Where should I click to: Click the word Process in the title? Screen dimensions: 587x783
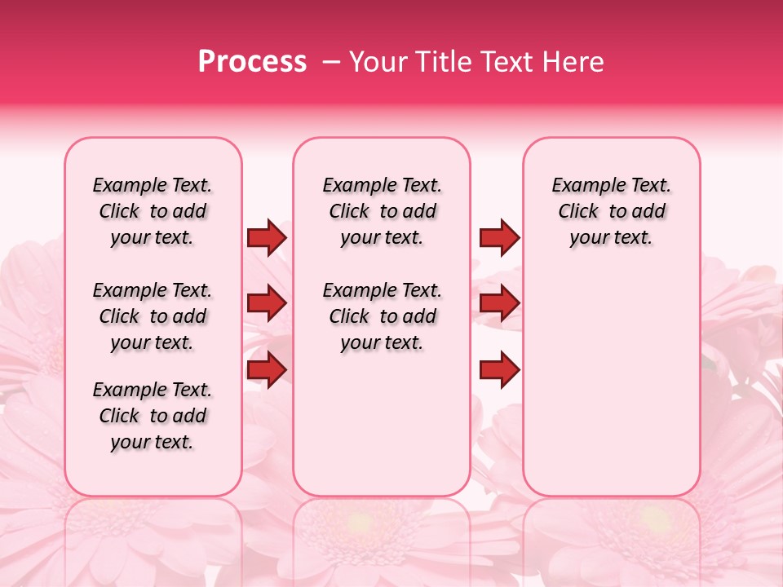click(252, 62)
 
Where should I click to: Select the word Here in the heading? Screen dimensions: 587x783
click(574, 62)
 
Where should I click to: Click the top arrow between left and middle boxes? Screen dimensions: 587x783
click(267, 238)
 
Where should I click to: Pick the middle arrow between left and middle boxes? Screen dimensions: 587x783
click(267, 304)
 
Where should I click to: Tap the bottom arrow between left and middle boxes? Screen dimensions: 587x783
click(267, 370)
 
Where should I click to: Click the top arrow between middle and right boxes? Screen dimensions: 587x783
click(499, 238)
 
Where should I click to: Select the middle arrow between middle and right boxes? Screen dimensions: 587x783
click(499, 304)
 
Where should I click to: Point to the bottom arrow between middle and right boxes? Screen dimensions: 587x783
click(499, 370)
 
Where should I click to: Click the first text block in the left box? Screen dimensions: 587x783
click(153, 211)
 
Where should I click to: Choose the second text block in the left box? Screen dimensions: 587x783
click(153, 316)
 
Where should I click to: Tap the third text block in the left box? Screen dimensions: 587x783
click(153, 416)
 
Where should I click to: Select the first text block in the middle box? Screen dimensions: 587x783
click(382, 211)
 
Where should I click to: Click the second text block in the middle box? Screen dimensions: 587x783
click(382, 316)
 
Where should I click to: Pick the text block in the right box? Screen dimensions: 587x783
click(611, 211)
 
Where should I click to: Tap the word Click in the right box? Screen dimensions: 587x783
click(578, 212)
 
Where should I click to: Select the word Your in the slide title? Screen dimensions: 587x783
click(375, 62)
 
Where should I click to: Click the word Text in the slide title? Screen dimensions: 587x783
click(508, 62)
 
